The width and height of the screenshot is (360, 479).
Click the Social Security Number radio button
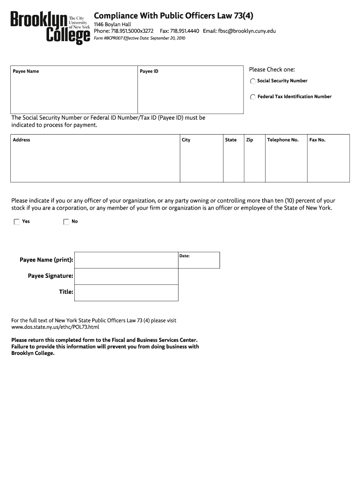pyautogui.click(x=253, y=81)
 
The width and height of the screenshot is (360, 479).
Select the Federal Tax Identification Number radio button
pyautogui.click(x=253, y=97)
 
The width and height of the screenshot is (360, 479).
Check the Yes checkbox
pyautogui.click(x=17, y=222)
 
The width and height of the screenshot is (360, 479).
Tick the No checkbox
pyautogui.click(x=66, y=222)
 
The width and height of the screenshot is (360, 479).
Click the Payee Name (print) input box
pyautogui.click(x=126, y=260)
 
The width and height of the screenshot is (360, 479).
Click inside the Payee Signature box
pyautogui.click(x=126, y=276)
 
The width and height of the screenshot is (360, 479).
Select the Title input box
pyautogui.click(x=126, y=292)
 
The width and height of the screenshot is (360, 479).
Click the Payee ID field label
pyautogui.click(x=149, y=72)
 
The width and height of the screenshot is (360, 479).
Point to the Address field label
pyautogui.click(x=22, y=140)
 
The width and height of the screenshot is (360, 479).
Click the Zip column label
pyautogui.click(x=250, y=140)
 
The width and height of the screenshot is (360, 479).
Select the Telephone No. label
pyautogui.click(x=282, y=140)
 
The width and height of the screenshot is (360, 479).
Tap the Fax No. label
pyautogui.click(x=317, y=140)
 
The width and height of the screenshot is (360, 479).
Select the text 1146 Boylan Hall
pyautogui.click(x=112, y=24)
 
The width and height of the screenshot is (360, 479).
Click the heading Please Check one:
pyautogui.click(x=272, y=70)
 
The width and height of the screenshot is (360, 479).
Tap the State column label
pyautogui.click(x=231, y=140)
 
